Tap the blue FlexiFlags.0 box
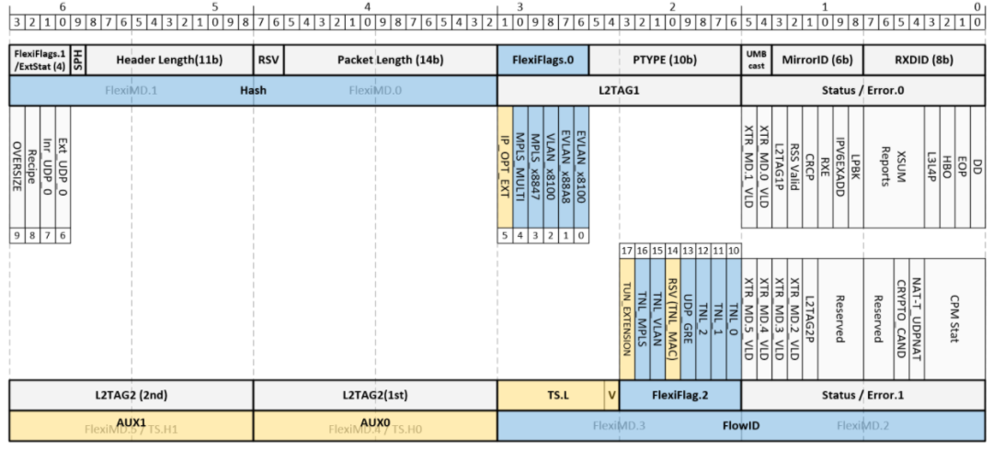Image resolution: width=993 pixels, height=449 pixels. [x=542, y=60]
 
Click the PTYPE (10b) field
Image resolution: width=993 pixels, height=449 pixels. [x=664, y=60]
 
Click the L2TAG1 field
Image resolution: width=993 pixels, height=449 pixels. [x=619, y=91]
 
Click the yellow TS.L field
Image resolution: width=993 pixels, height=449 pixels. [x=550, y=395]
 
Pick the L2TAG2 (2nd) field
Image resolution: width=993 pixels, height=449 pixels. [x=131, y=395]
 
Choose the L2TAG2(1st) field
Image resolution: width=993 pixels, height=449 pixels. [x=375, y=395]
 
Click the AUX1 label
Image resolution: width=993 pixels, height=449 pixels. [x=131, y=421]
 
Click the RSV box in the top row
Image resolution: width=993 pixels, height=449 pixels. [x=268, y=60]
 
